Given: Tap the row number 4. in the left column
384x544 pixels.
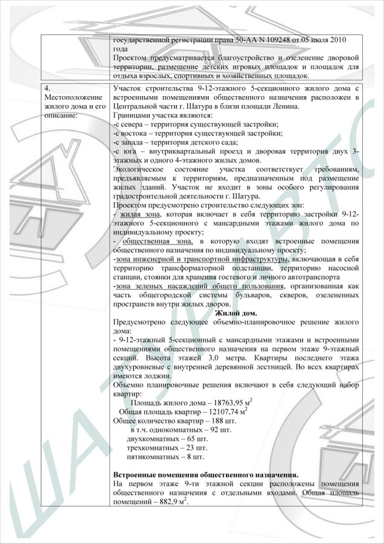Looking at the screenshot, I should pos(48,89).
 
